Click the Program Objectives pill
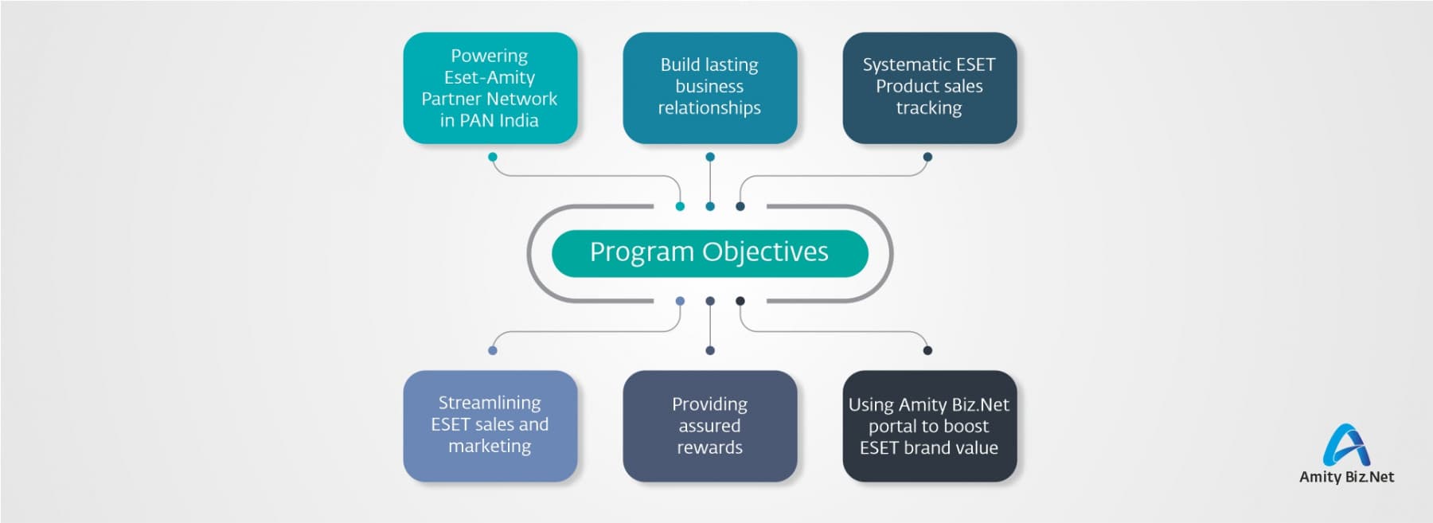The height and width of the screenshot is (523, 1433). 709,253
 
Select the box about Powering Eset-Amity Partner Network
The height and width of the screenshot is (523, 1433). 490,88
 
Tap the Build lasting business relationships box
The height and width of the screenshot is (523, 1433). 709,88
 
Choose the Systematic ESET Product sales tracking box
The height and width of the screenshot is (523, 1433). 929,88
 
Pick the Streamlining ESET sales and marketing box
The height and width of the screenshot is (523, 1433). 490,426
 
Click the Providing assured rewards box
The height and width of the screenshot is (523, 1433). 709,426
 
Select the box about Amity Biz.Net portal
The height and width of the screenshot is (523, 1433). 929,426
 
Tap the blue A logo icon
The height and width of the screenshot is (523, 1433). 1346,445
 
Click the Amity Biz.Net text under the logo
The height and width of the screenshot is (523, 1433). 1346,477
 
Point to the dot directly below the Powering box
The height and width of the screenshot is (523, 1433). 493,157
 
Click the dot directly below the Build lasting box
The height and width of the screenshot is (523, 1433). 710,157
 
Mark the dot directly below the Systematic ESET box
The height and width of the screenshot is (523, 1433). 927,157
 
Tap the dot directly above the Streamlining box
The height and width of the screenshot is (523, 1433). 493,350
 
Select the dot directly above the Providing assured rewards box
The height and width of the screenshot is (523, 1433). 710,350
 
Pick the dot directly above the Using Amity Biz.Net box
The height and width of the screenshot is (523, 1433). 927,350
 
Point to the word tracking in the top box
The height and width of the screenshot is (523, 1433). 929,108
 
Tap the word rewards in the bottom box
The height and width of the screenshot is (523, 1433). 709,447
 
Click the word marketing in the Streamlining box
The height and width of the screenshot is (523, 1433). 490,447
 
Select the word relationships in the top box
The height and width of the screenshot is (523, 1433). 709,108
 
